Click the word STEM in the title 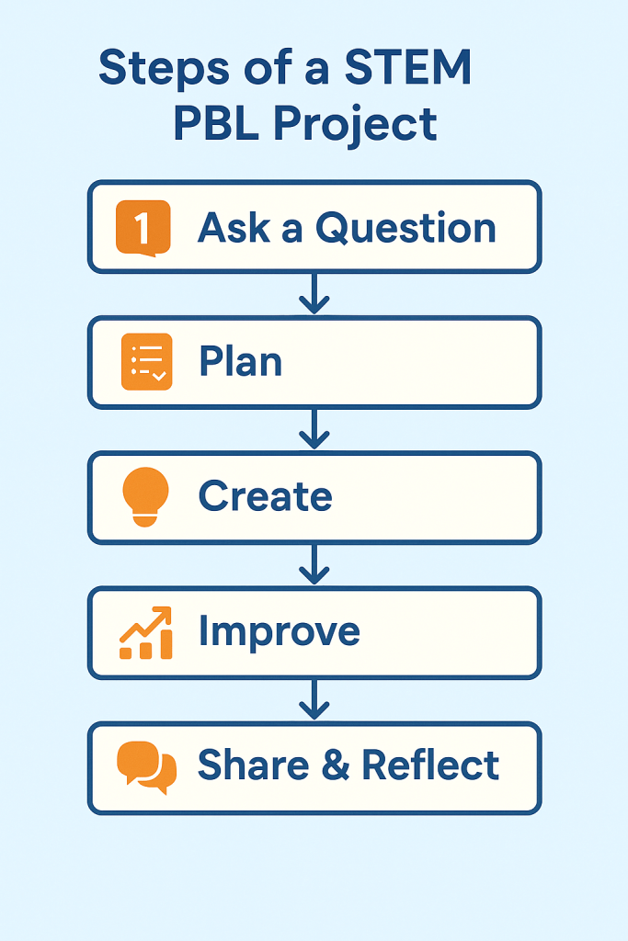coord(407,67)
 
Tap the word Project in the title coord(356,125)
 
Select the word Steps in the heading coord(164,69)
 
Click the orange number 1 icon coord(143,228)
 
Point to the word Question coord(405,229)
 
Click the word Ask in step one coord(234,228)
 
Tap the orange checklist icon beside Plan coord(146,362)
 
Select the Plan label coord(240,361)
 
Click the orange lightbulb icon coord(145,497)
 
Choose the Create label coord(266,496)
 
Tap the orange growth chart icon coord(146,632)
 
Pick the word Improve coord(280,632)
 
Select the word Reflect coord(430,765)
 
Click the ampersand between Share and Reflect coord(336,765)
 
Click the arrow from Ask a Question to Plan coord(314,293)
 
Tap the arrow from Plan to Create coord(314,428)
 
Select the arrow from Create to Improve coord(314,563)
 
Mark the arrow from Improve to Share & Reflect coord(314,699)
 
